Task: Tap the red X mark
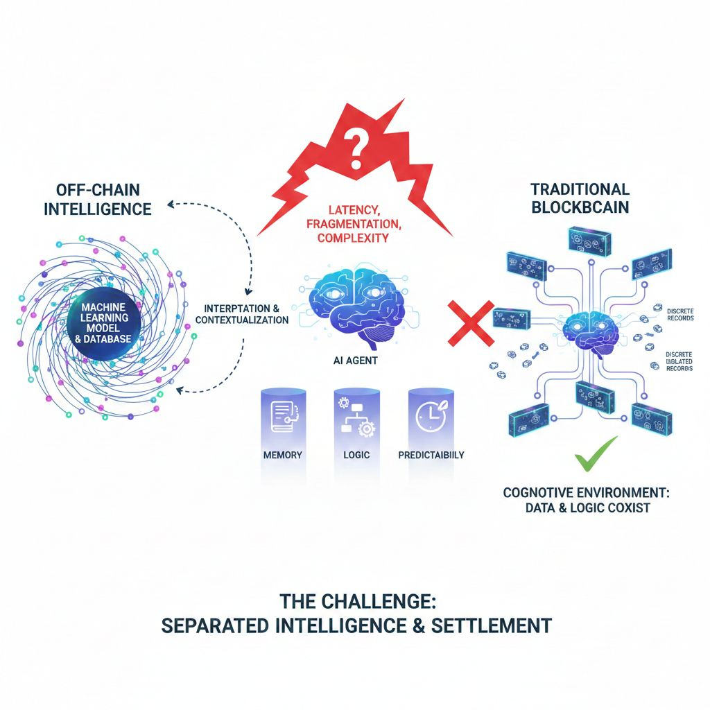[470, 322]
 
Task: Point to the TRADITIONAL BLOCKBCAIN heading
[580, 198]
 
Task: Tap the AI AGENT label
[354, 361]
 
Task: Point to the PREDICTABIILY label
[431, 456]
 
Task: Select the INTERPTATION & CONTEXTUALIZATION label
[242, 314]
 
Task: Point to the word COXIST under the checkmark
[631, 508]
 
